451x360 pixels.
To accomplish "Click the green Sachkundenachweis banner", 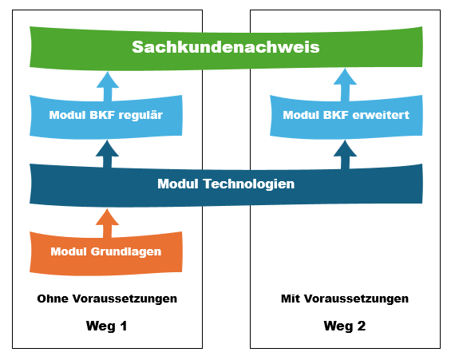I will point(226,47).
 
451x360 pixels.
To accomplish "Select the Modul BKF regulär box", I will point(106,116).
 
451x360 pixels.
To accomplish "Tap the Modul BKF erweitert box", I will point(346,116).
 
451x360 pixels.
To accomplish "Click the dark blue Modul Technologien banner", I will point(226,184).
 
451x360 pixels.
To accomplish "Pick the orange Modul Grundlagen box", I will point(106,251).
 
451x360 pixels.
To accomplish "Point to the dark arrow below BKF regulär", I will point(106,152).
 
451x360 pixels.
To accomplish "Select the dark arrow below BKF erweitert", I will point(346,152).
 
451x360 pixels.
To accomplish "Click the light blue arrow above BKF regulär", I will point(106,82).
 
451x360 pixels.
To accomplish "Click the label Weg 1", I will point(107,326).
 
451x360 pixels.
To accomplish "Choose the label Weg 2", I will point(345,326).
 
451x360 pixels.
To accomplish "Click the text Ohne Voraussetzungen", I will point(107,299).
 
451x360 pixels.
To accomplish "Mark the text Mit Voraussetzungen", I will point(345,299).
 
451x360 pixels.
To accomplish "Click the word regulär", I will point(140,116).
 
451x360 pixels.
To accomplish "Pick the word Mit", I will point(290,299).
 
